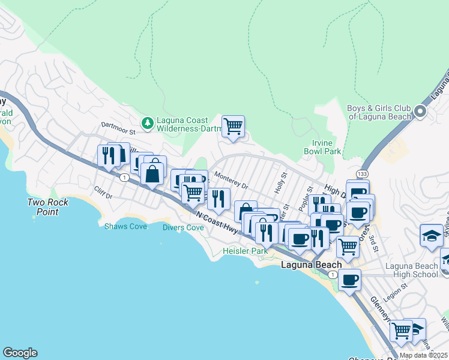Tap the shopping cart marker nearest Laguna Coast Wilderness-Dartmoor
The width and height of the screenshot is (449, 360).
pos(233,127)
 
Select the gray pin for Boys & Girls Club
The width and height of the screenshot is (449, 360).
pos(420,112)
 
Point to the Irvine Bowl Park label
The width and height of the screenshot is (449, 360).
pos(327,148)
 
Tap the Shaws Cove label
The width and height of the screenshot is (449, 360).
pos(125,226)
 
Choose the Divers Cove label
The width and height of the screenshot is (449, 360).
pos(184,227)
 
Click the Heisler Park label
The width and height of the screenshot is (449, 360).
pos(245,250)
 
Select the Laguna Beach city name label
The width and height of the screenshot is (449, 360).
pos(312,265)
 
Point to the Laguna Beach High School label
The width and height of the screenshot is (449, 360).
pos(411,270)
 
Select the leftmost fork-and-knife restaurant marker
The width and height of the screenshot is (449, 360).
pos(109,156)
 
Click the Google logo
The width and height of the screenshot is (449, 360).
pos(20,353)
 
